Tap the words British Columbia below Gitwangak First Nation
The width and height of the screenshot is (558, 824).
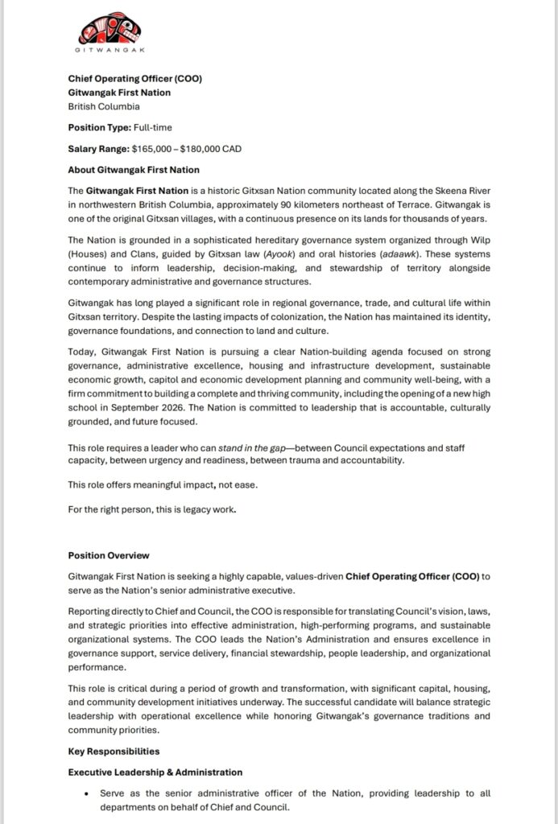click(104, 106)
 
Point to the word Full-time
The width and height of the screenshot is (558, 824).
click(155, 127)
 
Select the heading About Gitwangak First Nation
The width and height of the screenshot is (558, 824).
click(134, 170)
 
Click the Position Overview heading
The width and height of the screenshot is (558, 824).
click(109, 555)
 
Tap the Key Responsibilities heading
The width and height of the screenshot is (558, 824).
click(114, 751)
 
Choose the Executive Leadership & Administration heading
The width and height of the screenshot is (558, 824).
click(155, 772)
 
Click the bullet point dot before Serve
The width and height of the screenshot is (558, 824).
click(86, 794)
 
